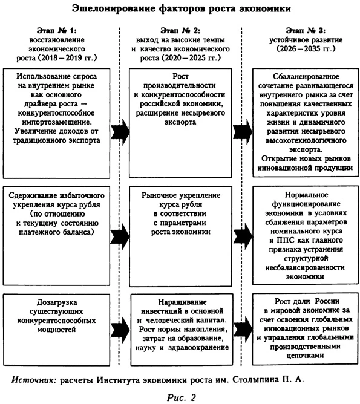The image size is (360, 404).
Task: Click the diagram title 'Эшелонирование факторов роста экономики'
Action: coord(180,9)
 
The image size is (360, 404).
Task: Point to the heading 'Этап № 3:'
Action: coord(301,30)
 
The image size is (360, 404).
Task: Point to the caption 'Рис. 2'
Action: coord(180,396)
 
